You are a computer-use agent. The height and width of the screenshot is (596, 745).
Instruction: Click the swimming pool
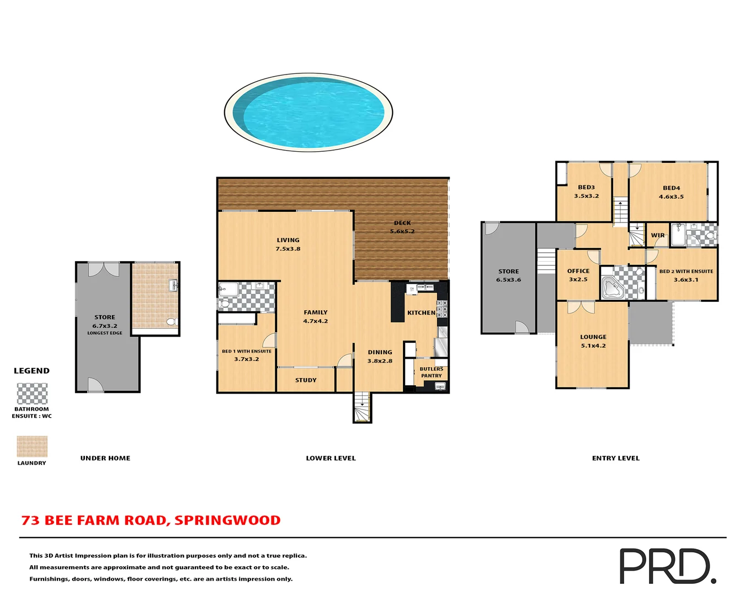click(308, 113)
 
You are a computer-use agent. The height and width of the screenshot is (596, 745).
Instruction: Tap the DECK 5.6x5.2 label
click(402, 227)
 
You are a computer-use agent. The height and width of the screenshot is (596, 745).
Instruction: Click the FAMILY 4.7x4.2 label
click(316, 316)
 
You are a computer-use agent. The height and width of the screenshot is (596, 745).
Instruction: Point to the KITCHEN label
click(421, 313)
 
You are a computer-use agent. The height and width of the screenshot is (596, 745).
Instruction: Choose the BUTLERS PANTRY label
click(432, 372)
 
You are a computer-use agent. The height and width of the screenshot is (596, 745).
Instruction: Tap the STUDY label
click(306, 380)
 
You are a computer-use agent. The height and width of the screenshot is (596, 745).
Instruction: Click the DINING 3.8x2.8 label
click(380, 356)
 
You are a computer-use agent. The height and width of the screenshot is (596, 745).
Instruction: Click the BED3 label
click(586, 188)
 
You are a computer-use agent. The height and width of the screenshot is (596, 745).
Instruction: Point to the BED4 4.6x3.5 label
click(671, 192)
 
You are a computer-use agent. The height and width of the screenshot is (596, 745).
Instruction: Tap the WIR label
click(658, 236)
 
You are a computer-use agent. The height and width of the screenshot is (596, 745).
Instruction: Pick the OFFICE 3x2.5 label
click(578, 275)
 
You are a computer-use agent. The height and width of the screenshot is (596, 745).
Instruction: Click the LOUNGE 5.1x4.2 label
click(593, 341)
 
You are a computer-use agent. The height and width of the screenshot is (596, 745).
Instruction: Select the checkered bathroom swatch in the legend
click(32, 393)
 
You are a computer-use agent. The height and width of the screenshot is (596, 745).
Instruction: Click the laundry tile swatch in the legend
click(32, 446)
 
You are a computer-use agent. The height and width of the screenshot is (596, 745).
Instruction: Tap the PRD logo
click(667, 566)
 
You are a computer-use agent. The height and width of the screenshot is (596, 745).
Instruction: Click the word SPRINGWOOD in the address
click(227, 520)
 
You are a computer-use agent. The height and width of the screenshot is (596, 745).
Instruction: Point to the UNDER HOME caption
click(105, 458)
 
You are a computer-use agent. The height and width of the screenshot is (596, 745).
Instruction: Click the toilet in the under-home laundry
click(172, 321)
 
